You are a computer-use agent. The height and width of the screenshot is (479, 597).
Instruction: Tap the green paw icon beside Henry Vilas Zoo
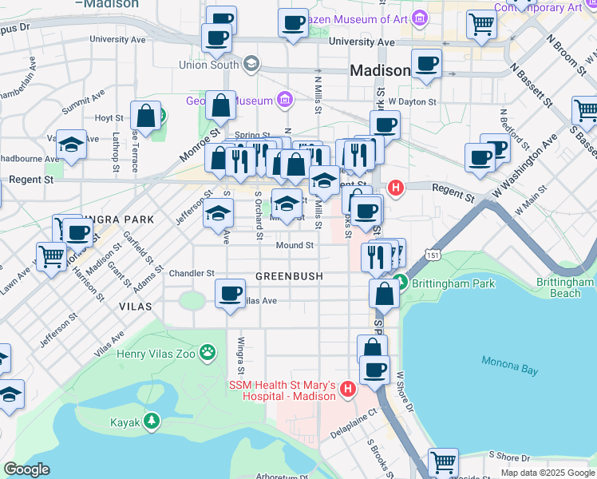(208, 351)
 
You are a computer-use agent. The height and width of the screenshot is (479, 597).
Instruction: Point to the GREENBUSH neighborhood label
(289, 276)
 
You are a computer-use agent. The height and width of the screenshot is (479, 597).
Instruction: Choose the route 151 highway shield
(432, 255)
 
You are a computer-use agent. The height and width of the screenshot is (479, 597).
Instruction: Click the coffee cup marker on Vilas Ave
(231, 295)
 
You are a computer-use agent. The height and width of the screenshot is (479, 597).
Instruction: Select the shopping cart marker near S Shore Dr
(442, 461)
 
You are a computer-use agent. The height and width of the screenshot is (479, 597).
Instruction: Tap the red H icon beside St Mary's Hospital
(347, 389)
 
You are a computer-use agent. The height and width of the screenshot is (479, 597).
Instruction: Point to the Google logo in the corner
(26, 469)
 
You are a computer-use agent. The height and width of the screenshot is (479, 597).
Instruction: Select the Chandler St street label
(186, 273)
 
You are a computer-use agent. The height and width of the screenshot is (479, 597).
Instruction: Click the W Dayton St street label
(413, 101)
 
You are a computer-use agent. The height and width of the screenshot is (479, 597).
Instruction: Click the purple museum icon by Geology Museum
(284, 100)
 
